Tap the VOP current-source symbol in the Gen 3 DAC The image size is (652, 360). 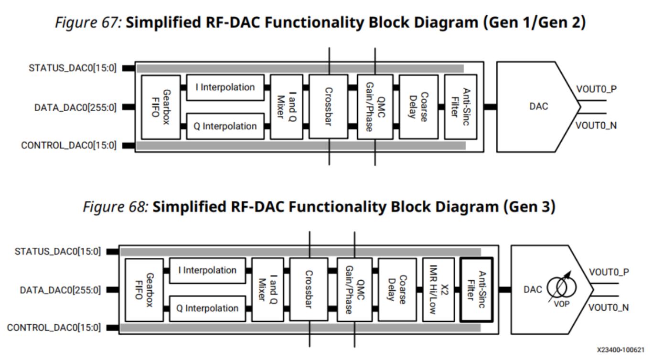562,287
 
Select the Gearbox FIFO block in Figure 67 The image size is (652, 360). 161,107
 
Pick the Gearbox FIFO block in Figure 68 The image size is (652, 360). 144,289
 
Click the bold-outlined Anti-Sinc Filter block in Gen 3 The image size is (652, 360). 476,289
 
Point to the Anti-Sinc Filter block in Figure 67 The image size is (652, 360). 460,106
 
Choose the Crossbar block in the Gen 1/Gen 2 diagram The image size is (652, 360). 328,106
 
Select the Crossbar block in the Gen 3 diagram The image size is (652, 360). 309,289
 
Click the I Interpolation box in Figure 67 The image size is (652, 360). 225,87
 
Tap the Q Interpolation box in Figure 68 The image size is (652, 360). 207,308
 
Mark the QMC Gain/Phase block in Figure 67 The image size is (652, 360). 375,106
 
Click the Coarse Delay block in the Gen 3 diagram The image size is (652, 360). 397,289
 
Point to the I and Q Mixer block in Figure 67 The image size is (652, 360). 286,106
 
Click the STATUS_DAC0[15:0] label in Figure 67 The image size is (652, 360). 73,68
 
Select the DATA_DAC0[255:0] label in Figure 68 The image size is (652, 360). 60,290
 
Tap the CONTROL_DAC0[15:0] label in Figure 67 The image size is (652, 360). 69,146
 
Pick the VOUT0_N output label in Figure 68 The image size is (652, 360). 609,308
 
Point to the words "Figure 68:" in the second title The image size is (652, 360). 116,207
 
